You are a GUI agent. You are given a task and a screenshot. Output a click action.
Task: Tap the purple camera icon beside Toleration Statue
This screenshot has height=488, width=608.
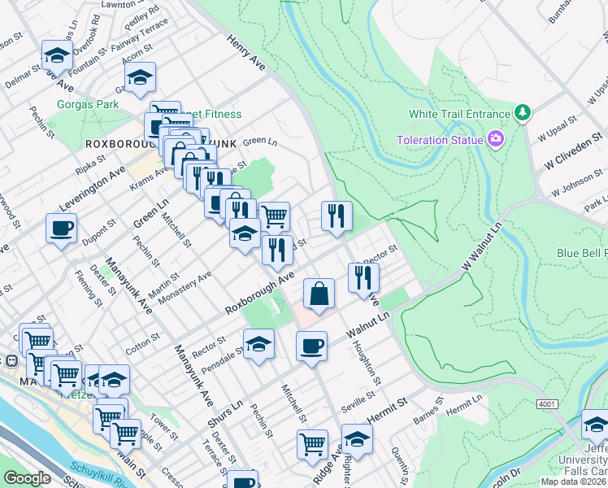tap(496, 139)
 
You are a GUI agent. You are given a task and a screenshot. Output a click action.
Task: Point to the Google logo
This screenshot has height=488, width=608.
tap(27, 478)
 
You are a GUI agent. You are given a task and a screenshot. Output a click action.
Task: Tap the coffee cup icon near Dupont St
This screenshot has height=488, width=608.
tap(61, 229)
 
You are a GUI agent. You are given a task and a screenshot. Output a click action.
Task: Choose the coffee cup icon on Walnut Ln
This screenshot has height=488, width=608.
tap(311, 347)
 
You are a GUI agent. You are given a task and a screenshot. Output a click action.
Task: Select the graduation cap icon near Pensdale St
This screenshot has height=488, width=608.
tap(258, 344)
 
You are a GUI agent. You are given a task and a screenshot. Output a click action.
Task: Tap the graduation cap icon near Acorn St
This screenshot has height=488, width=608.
tap(140, 79)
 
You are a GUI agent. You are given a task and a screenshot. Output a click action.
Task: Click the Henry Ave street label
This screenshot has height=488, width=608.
tap(246, 55)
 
